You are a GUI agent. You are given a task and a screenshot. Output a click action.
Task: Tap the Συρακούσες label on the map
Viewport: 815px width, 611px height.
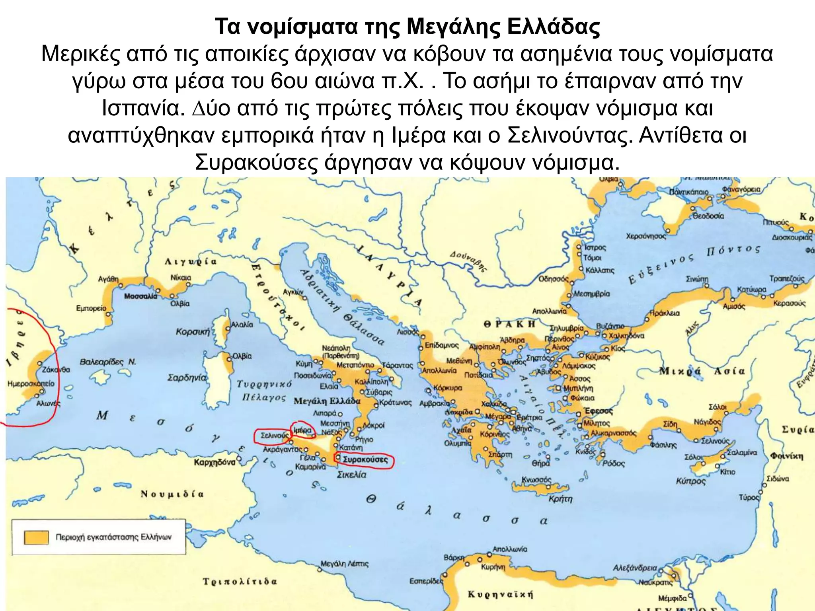coord(365,460)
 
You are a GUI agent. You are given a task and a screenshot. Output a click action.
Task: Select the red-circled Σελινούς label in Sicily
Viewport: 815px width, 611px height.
coord(274,436)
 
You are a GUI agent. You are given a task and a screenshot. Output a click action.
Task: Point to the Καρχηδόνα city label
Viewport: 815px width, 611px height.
coord(214,462)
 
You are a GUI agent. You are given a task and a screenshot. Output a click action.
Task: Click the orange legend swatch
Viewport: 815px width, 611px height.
coord(36,537)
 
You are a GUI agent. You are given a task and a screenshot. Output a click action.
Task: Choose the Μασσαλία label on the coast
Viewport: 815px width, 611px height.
coord(140,296)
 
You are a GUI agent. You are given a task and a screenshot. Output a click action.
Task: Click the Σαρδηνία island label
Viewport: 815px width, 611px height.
coord(187,377)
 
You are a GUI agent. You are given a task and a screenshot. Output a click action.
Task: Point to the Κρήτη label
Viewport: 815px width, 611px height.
coord(560,499)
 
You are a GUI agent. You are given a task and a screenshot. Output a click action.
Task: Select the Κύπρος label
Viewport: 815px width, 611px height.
coord(690,481)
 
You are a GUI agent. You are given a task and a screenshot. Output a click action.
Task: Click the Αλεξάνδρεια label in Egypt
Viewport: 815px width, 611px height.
coord(635,568)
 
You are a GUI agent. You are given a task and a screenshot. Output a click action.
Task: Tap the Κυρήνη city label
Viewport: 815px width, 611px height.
coord(493,567)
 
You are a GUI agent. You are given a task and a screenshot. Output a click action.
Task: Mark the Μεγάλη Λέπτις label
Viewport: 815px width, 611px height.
coord(345,564)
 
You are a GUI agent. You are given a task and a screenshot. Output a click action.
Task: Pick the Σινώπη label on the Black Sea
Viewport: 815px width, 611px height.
coord(697,279)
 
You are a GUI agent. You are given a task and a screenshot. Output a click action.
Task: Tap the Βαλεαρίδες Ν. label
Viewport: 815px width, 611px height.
coord(108,362)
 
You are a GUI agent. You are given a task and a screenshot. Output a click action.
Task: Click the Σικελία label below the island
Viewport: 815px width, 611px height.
coord(351,475)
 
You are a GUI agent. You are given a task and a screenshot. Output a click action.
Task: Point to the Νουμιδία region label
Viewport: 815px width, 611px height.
coord(172,494)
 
